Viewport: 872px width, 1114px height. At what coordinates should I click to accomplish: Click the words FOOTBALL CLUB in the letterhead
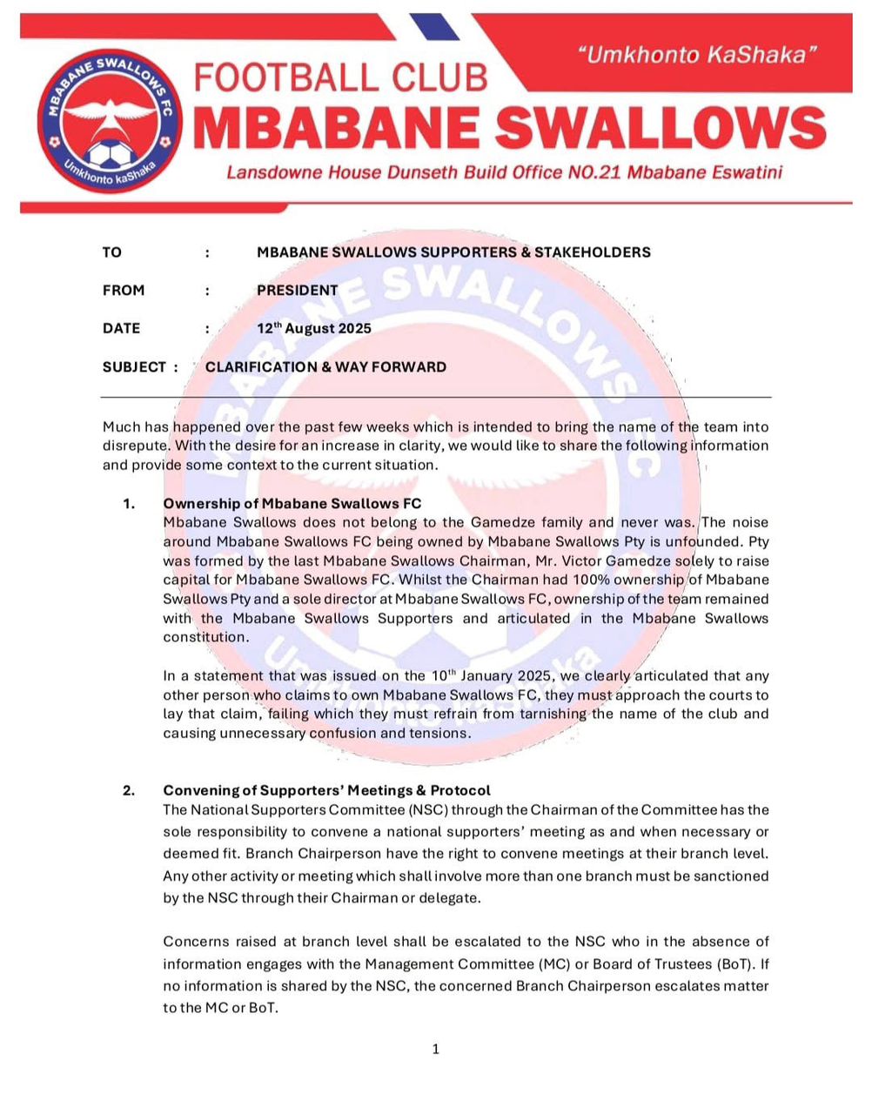pos(339,78)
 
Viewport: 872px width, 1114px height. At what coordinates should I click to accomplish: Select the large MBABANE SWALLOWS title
pos(509,128)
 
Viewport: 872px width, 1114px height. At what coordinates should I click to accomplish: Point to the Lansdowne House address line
pos(504,172)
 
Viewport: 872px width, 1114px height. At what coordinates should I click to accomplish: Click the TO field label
pos(112,252)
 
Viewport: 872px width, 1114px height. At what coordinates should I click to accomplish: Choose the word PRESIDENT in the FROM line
pos(298,291)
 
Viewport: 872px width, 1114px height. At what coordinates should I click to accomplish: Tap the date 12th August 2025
pos(314,328)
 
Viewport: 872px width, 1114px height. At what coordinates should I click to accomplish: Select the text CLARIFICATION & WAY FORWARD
pos(325,367)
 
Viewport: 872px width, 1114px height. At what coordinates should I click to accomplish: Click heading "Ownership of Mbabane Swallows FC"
pos(292,503)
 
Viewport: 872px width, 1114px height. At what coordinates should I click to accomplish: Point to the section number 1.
pos(129,503)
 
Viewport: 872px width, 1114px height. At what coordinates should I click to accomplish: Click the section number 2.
pos(129,790)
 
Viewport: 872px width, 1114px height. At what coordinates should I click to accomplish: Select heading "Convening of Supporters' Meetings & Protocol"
pos(327,790)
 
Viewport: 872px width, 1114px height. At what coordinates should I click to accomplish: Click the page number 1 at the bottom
pos(436,1050)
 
